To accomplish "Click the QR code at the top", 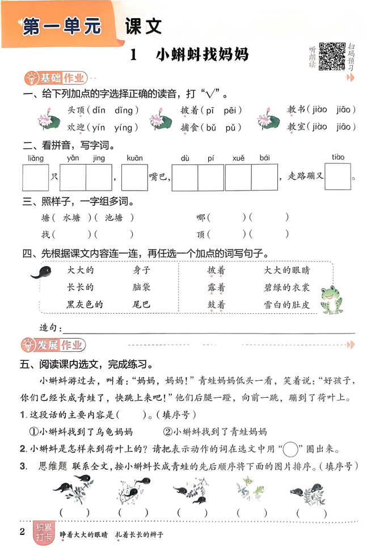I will tap(331, 56).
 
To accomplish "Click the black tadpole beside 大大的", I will tap(41, 273).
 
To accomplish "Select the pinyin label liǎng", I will tap(35, 158).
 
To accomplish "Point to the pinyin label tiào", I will tap(339, 157).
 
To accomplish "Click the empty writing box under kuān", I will tap(135, 178).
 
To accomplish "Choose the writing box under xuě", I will tap(238, 178).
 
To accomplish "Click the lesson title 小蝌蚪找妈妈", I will tap(201, 56).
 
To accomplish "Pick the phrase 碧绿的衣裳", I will tap(287, 288).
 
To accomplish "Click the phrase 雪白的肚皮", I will tap(287, 305).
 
